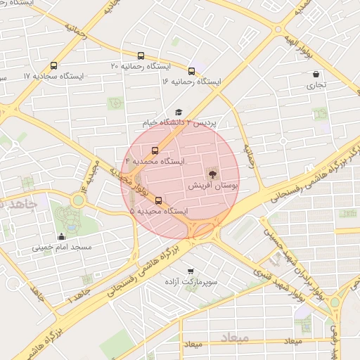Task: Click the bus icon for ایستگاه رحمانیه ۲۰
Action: (x=141, y=56)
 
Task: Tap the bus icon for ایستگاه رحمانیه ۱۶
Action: (x=191, y=71)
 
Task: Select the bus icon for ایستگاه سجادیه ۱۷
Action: (x=54, y=65)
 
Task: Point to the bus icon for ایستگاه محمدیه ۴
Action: (x=155, y=150)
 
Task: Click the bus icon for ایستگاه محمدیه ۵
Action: (x=158, y=200)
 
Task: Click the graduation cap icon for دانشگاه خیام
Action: (x=179, y=112)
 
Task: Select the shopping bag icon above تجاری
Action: (x=316, y=74)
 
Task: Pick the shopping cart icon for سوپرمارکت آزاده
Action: (x=191, y=271)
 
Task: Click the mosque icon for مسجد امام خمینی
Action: (x=61, y=236)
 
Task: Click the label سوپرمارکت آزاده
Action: (x=191, y=282)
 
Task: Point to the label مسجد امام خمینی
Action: (x=61, y=247)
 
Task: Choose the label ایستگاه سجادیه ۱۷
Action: (x=53, y=76)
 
